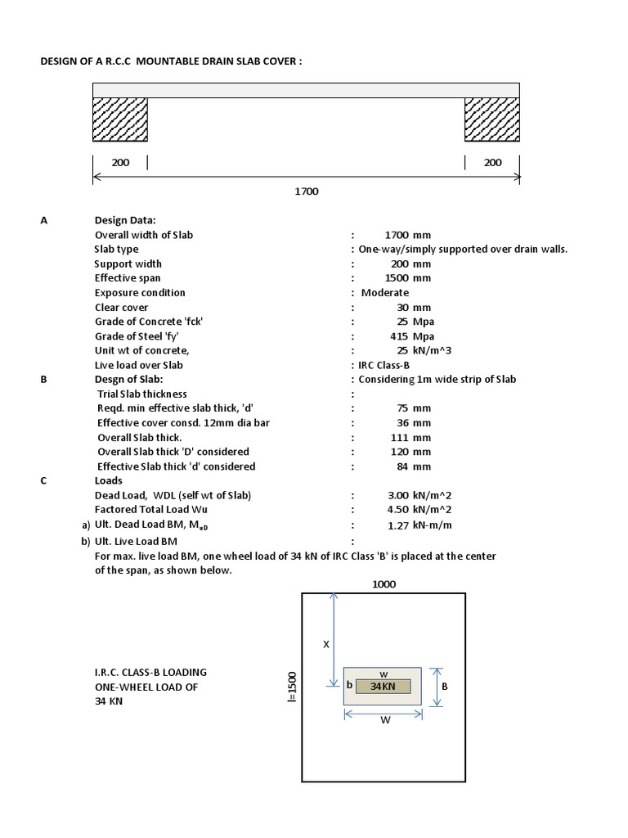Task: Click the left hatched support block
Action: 119,119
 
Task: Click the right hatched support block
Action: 492,119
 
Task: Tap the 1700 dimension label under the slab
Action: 306,191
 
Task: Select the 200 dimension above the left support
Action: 120,162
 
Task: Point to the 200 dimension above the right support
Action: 492,162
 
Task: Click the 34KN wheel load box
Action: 383,686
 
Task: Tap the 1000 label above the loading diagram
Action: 384,584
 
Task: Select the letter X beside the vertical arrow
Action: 325,644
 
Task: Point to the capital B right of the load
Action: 445,687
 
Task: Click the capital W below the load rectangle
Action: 383,721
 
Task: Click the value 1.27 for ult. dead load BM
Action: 398,525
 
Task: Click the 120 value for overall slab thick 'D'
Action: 400,452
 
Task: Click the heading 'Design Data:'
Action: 125,220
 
